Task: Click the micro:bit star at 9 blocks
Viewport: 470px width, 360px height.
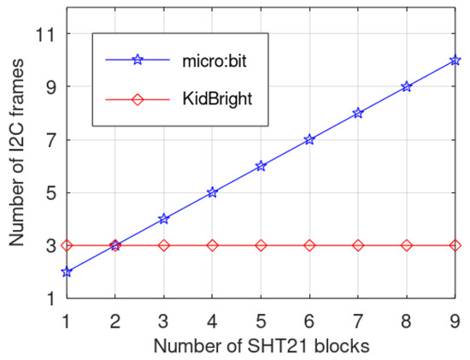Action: (455, 61)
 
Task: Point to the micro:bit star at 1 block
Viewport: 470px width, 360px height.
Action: (67, 272)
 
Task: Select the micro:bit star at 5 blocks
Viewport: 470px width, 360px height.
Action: (261, 166)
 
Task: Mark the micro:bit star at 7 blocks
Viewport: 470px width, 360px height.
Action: (358, 113)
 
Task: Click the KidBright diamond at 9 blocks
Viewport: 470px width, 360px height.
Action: (455, 245)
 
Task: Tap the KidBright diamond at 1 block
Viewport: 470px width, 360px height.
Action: (67, 245)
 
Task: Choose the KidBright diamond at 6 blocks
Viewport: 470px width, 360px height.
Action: (309, 245)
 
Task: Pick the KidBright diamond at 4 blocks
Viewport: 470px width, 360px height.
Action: (212, 245)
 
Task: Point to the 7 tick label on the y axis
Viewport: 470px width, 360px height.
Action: (50, 139)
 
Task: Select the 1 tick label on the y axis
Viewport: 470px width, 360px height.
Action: (50, 298)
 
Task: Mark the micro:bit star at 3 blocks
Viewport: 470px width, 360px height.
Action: (163, 219)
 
